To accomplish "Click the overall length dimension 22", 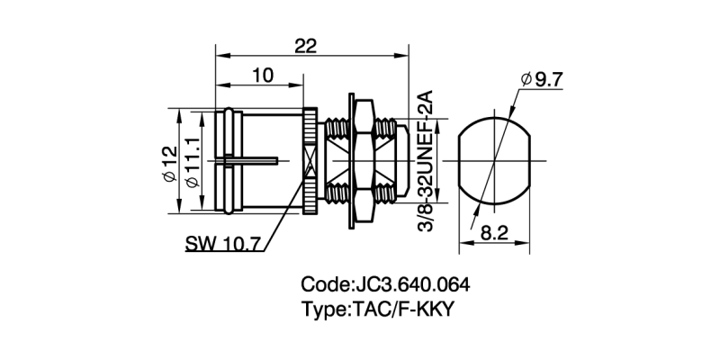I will pyautogui.click(x=307, y=46).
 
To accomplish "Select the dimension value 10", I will pyautogui.click(x=261, y=76).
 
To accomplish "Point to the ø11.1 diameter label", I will pyautogui.click(x=192, y=162).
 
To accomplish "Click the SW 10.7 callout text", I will pyautogui.click(x=222, y=244).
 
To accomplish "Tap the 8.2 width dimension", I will pyautogui.click(x=494, y=232).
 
